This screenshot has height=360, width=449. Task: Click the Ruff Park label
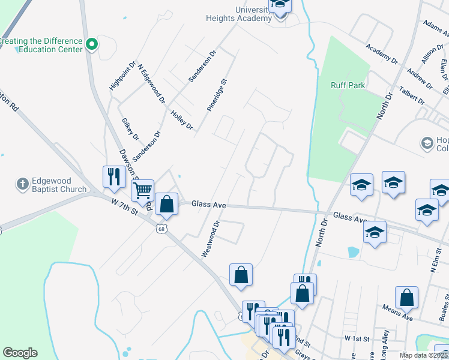click(348, 85)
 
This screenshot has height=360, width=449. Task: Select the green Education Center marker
click(92, 44)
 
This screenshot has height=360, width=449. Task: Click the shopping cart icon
click(142, 190)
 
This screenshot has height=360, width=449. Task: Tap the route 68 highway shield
click(161, 228)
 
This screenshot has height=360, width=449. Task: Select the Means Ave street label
click(397, 311)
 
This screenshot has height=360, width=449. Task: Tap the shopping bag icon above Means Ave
click(406, 297)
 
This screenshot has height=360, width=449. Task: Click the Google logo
click(20, 353)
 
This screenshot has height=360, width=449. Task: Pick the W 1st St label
click(357, 338)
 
